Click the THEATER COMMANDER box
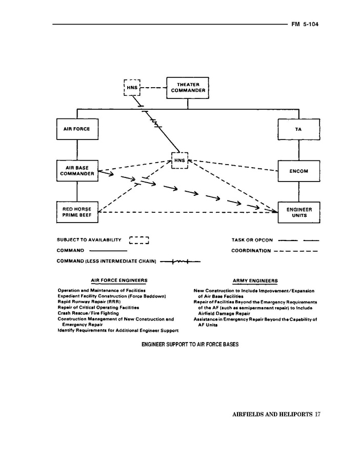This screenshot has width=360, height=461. point(188,88)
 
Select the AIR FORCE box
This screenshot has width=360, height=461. point(77,129)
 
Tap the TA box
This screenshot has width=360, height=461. point(298,129)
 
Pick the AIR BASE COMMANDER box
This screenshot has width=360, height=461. point(77,171)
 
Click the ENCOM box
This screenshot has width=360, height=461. point(298,171)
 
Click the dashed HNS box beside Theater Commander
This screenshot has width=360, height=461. point(132,88)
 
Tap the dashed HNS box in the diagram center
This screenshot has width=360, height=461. point(179,161)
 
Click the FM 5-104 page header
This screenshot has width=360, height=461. point(306,24)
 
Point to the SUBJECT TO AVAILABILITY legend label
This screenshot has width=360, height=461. point(89,239)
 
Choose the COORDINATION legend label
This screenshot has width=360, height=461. point(251,251)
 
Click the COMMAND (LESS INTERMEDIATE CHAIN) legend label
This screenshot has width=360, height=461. point(107,262)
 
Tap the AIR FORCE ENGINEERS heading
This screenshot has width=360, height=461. point(119,280)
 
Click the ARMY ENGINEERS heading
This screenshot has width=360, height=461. point(255,281)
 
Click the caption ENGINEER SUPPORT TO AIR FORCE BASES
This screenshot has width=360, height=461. point(190,344)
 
